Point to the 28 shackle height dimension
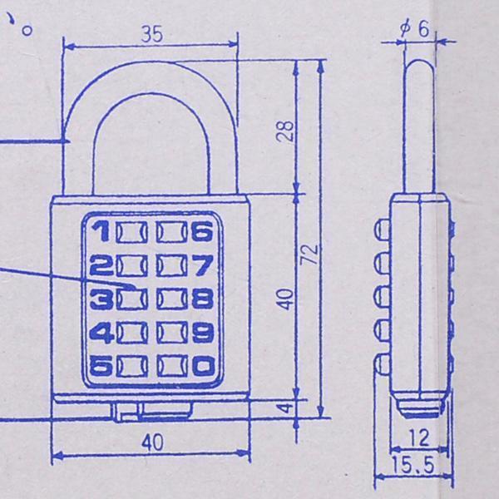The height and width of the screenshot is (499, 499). tap(285, 131)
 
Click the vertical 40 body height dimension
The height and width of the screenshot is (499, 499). tap(285, 298)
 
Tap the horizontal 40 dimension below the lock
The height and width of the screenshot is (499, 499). tap(151, 443)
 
